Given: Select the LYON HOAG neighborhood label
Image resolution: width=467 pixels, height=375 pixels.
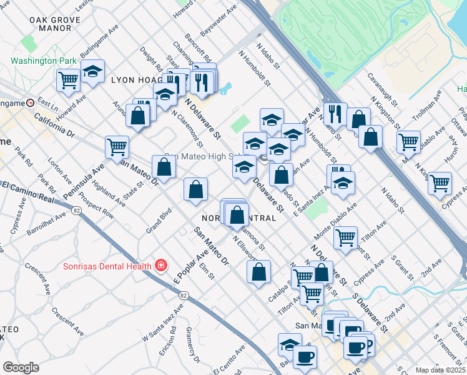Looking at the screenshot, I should coord(135,81).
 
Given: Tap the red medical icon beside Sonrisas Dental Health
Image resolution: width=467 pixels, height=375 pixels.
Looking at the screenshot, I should coord(161,266).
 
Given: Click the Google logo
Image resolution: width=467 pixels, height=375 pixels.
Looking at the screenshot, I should coord(21,367).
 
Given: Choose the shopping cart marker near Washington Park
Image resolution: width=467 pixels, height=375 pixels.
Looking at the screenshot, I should coord(68,79).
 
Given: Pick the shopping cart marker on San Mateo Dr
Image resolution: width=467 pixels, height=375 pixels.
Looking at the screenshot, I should coord(117,147).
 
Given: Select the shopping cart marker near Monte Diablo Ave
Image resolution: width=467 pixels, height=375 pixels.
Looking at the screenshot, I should coord(345,237).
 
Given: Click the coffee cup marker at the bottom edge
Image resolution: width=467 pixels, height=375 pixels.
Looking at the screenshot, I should coord(305,357).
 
